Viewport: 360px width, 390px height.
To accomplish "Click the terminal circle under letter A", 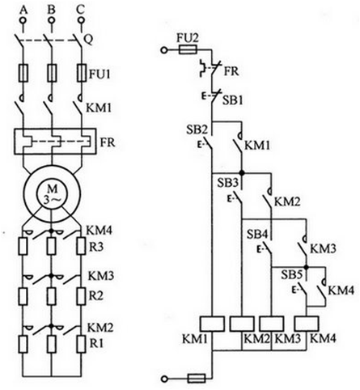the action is (x=23, y=20).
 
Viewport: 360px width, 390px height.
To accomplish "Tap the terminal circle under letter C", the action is (x=80, y=20).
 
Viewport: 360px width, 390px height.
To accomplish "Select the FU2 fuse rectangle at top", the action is (x=188, y=50).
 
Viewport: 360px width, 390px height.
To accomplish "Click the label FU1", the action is (x=100, y=74).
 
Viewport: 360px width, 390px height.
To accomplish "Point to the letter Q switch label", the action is (x=89, y=40).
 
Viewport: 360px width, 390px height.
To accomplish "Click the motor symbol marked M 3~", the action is (x=52, y=193).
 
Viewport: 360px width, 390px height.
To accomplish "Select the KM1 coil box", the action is (x=212, y=324).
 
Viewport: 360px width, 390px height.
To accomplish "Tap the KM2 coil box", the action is (x=242, y=324).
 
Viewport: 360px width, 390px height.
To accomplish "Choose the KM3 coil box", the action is (x=272, y=324).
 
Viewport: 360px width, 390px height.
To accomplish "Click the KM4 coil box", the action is (x=307, y=324).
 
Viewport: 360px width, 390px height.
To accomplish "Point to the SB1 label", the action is (x=233, y=100).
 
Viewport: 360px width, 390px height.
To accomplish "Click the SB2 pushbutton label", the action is (x=197, y=130).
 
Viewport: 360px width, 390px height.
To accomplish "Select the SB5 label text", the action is (x=292, y=275).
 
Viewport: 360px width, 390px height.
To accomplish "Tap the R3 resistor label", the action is (x=96, y=247).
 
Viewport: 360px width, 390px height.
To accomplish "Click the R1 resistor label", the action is (x=96, y=343).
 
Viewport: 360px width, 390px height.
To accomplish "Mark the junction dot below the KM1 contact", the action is (x=242, y=172).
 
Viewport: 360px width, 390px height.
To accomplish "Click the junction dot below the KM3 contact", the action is (x=306, y=267).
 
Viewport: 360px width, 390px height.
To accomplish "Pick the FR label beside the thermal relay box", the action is (x=108, y=142).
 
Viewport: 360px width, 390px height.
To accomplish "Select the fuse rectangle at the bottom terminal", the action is (x=197, y=378).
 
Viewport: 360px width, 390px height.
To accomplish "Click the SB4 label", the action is (x=258, y=235).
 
